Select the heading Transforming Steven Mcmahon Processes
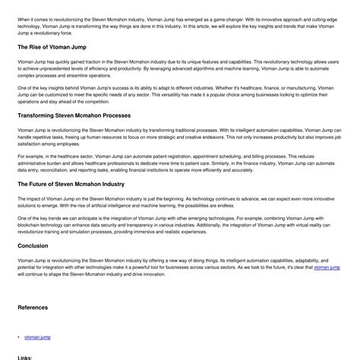click(74, 115)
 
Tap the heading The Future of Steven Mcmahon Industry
click(71, 184)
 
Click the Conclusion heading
click(33, 245)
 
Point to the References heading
click(33, 308)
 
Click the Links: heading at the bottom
click(24, 357)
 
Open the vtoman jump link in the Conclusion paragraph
click(327, 268)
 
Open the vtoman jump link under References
click(37, 336)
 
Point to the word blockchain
click(31, 225)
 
